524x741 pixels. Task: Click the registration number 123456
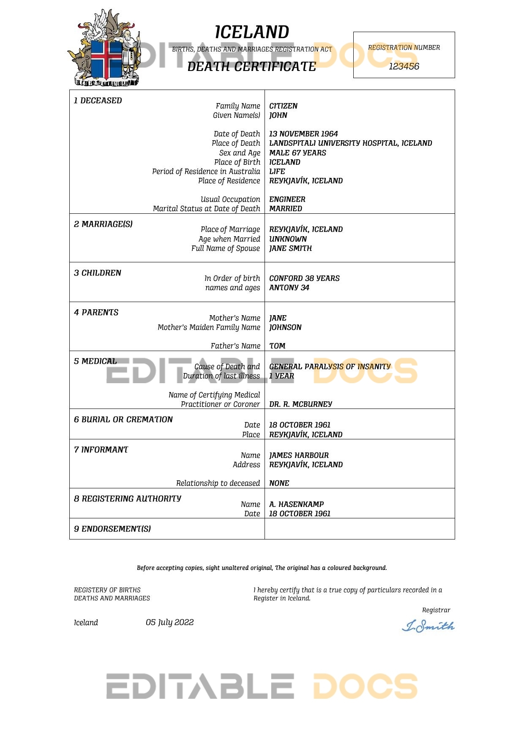coord(404,66)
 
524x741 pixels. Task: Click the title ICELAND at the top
coord(252,33)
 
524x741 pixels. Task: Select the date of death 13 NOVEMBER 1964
coord(303,134)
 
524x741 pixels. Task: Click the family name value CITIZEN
coord(283,106)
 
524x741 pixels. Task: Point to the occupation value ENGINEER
coord(287,199)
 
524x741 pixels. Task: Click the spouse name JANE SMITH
coord(290,248)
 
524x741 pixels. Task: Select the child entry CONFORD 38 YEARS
coord(304,278)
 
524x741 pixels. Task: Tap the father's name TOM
coord(277,346)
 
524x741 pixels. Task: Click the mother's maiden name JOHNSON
coord(285,327)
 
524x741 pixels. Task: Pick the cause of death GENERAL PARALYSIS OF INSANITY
coord(330,367)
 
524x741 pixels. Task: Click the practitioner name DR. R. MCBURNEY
coord(300,404)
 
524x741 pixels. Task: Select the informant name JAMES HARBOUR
coord(299,455)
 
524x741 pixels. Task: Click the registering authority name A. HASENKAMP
coord(296,504)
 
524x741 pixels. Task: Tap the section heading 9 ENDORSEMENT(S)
coord(112,529)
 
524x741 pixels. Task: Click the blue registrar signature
coord(428,626)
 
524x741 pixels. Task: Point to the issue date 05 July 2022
coord(169,622)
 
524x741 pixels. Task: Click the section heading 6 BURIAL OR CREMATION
coord(123,420)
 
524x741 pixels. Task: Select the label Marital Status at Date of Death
coord(207,209)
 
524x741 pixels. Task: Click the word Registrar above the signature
coord(436,610)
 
